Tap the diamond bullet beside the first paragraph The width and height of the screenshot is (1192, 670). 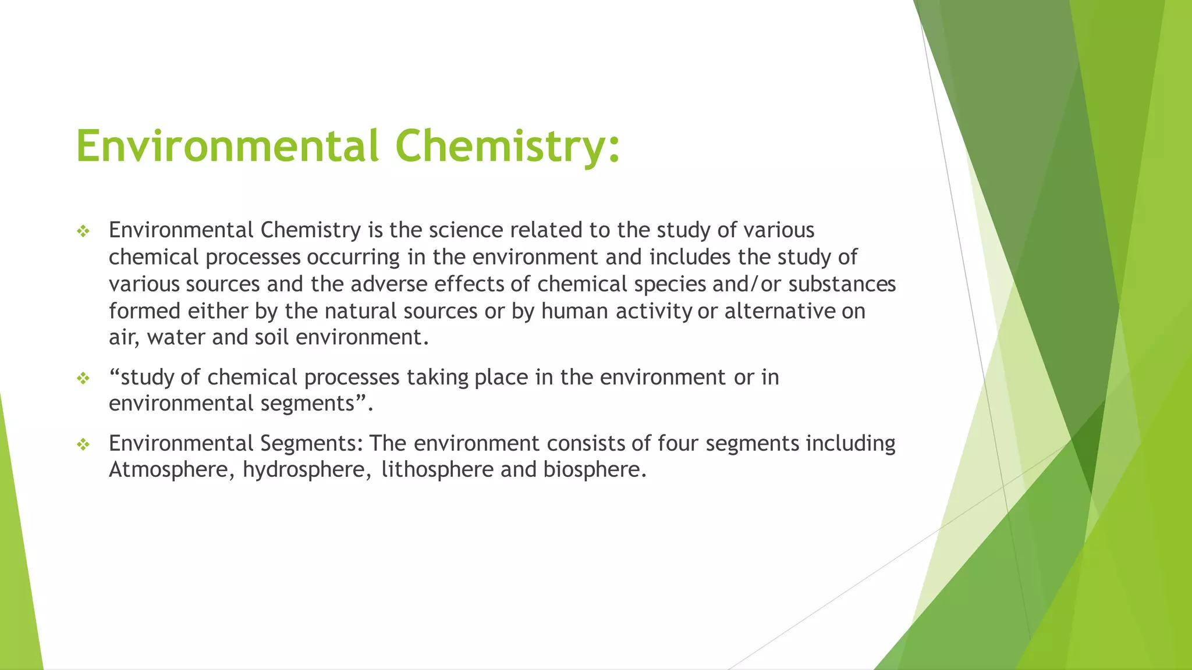(83, 231)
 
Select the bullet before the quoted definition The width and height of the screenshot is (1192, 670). (83, 379)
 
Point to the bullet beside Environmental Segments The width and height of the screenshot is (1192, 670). (83, 445)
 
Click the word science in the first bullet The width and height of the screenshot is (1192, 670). (466, 230)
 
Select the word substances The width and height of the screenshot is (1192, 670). (842, 284)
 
